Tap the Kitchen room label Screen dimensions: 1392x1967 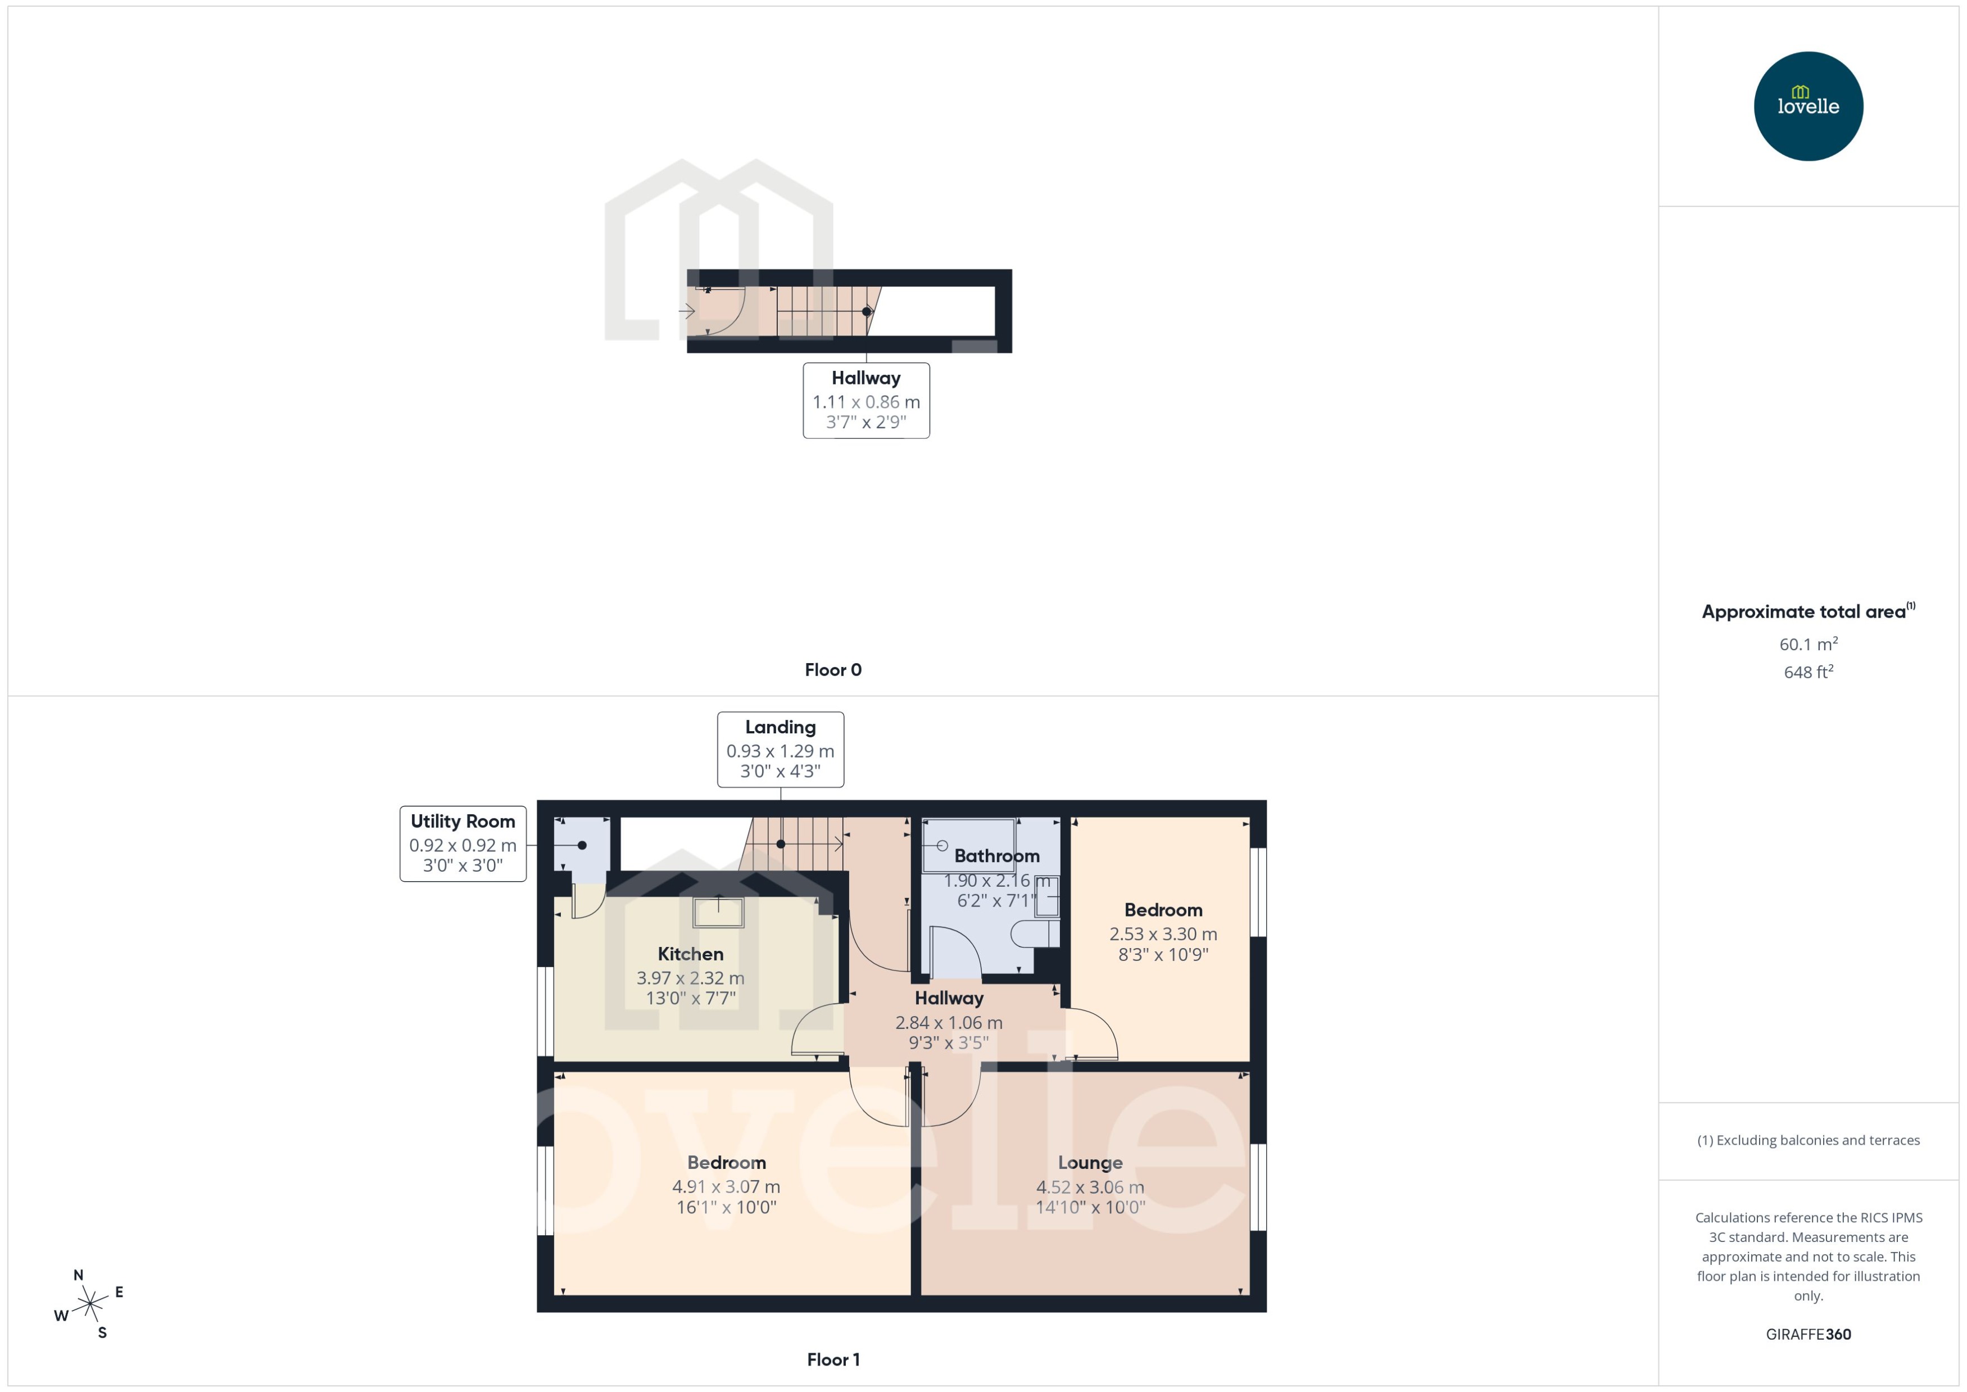pos(690,954)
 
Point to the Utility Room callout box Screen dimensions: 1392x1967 pos(463,844)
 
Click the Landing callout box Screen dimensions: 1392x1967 pos(780,749)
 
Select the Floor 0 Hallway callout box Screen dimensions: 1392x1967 pos(865,400)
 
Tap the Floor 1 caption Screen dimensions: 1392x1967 pos(832,1359)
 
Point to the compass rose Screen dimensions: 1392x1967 pos(89,1304)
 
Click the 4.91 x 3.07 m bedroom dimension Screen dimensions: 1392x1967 pos(726,1187)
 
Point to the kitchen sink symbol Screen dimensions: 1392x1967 pos(718,912)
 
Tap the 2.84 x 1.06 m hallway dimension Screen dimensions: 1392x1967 pos(948,1023)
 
